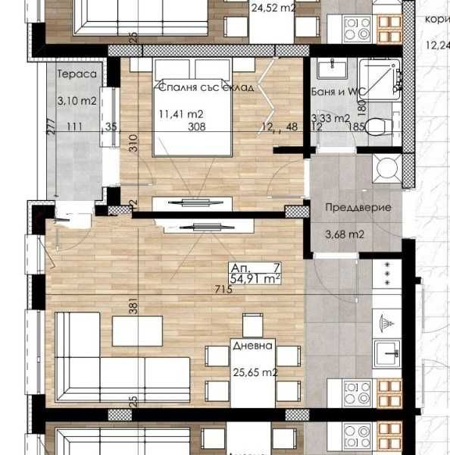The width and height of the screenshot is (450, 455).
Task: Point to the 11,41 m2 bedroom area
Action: click(181, 115)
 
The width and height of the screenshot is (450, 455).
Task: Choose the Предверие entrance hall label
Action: click(346, 206)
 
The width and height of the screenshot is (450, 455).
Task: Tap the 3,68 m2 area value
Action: click(344, 234)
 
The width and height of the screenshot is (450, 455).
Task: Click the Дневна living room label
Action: click(254, 353)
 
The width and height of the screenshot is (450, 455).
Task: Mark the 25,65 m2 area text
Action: click(254, 372)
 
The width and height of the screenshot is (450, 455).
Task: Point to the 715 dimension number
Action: click(223, 290)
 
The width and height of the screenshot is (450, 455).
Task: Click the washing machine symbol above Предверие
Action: click(386, 166)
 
